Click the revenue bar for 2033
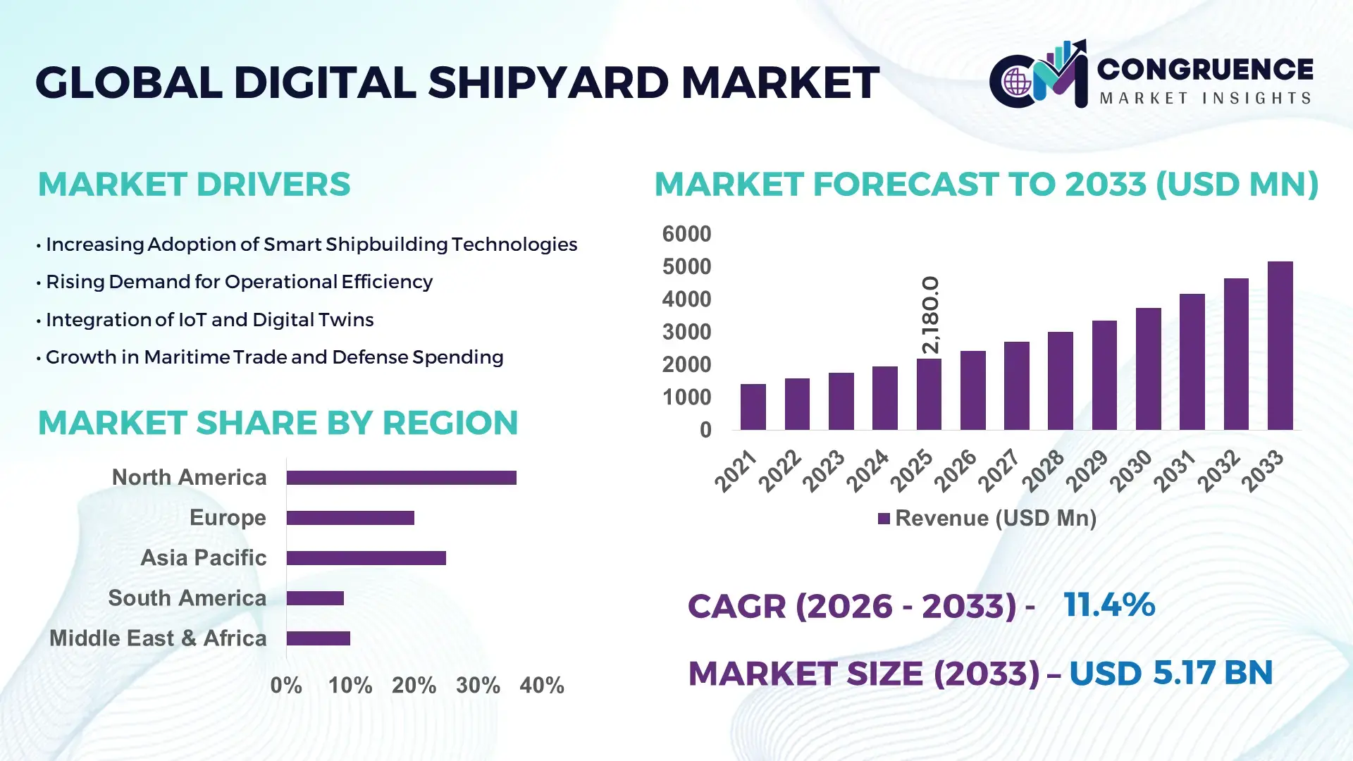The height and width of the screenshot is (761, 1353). coord(1280,345)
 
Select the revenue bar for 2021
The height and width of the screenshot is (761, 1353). coord(753,407)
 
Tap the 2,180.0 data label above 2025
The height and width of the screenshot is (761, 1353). coord(930,314)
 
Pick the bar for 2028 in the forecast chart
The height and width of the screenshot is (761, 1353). coord(1060,380)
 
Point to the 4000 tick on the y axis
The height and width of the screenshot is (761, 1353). coord(686,299)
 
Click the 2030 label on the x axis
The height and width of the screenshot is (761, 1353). coord(1130,471)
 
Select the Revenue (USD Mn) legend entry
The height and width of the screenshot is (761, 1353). coord(987,519)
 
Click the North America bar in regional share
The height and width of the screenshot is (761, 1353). coord(401,478)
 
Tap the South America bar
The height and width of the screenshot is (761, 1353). coord(315,598)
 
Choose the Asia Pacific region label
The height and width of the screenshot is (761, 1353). coord(203,558)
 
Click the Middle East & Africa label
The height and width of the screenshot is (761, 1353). coord(158,638)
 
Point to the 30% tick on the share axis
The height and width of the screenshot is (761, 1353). coord(478,686)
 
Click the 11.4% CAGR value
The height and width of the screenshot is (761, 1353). coord(1108,605)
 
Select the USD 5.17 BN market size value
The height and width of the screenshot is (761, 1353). coord(1170,673)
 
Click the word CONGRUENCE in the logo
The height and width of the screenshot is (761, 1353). coord(1204,69)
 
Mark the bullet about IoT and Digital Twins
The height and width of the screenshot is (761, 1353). coord(209,320)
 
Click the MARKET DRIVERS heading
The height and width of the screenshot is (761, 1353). coord(194,185)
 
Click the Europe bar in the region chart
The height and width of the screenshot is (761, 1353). coord(350,518)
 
